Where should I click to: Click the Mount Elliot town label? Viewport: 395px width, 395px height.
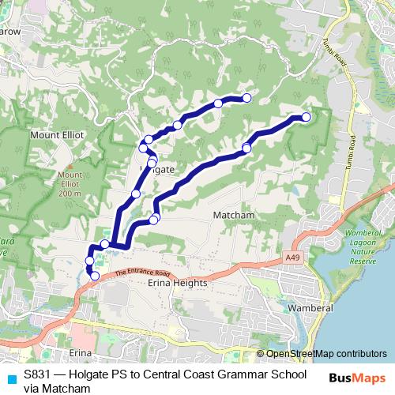pos(57,135)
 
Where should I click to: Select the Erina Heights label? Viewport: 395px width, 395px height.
pos(177,282)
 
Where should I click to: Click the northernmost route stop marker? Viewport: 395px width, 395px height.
pos(246,98)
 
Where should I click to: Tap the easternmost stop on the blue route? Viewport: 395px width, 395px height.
pos(306,118)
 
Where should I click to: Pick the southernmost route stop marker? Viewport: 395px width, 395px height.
pos(95,276)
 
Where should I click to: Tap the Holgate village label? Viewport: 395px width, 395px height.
pos(158,170)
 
